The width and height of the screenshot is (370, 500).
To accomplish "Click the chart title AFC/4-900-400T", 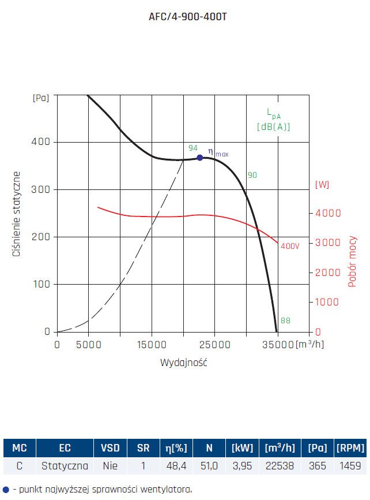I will tap(184, 17).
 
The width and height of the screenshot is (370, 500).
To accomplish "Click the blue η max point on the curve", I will tap(200, 158).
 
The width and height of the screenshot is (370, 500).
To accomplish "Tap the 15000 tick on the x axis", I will tap(152, 345).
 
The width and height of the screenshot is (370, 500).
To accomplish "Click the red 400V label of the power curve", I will tap(290, 246).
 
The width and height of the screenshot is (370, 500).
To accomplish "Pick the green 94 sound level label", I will tap(193, 148).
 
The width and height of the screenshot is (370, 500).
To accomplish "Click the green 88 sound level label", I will tap(285, 321).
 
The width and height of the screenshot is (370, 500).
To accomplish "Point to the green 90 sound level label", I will tap(252, 175).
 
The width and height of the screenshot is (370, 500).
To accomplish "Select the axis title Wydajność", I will tap(183, 363).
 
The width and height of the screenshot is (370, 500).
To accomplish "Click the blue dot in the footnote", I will tap(6, 490).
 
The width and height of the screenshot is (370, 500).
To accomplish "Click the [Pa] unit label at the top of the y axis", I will tap(41, 98).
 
